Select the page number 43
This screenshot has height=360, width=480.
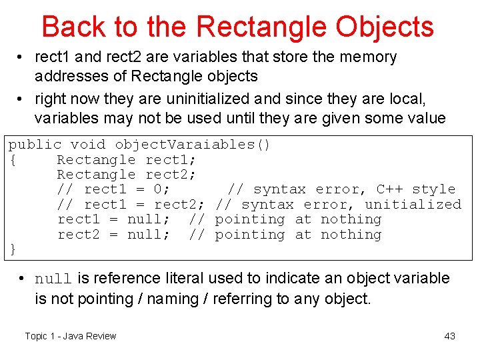(449, 336)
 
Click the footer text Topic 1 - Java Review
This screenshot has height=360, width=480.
(71, 336)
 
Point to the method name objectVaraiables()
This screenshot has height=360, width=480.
(192, 145)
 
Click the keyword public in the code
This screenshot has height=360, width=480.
(35, 145)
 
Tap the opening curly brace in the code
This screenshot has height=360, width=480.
(12, 160)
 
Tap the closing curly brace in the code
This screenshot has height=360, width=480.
(12, 249)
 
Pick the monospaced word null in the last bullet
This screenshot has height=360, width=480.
(53, 279)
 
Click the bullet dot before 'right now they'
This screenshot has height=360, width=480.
(23, 99)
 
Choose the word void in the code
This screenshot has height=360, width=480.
(89, 145)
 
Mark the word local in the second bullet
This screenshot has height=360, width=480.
(403, 99)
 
